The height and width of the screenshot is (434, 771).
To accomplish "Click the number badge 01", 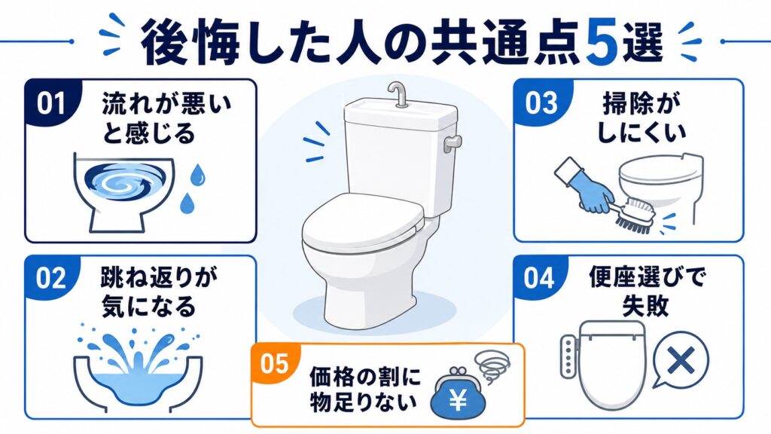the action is point(51,103).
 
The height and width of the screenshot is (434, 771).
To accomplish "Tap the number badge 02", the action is point(51,279).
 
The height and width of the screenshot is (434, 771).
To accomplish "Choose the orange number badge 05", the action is point(274,364).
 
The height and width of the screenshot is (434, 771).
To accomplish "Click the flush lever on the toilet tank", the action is point(453,142).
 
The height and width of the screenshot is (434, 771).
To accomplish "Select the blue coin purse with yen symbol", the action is point(457,396).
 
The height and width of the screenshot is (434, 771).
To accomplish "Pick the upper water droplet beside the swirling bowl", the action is point(198,174).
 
